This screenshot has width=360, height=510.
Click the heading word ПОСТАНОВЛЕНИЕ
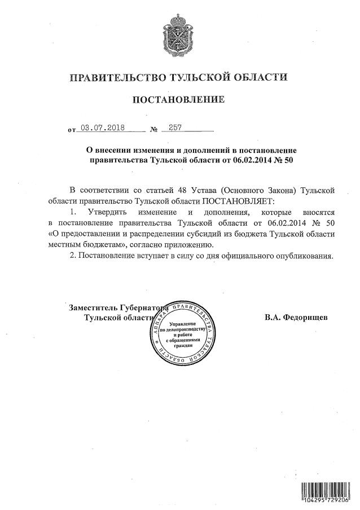coord(178,100)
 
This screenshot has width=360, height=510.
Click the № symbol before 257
coord(153,130)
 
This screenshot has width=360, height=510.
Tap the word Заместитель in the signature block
coord(93,307)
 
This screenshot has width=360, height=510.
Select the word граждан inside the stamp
coord(179,345)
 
